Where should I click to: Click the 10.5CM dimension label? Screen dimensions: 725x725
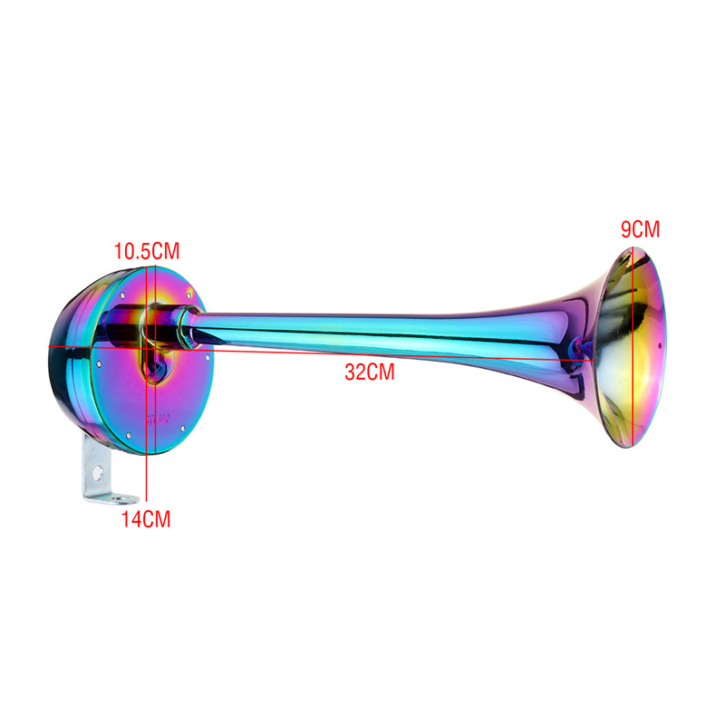click(x=146, y=249)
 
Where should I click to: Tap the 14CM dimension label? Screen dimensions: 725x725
click(x=146, y=519)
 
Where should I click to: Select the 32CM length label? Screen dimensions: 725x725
click(x=369, y=372)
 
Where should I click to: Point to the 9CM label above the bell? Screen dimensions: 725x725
click(x=640, y=229)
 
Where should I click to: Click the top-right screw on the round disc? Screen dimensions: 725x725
click(x=185, y=294)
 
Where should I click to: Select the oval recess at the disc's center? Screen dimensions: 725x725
click(x=154, y=362)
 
